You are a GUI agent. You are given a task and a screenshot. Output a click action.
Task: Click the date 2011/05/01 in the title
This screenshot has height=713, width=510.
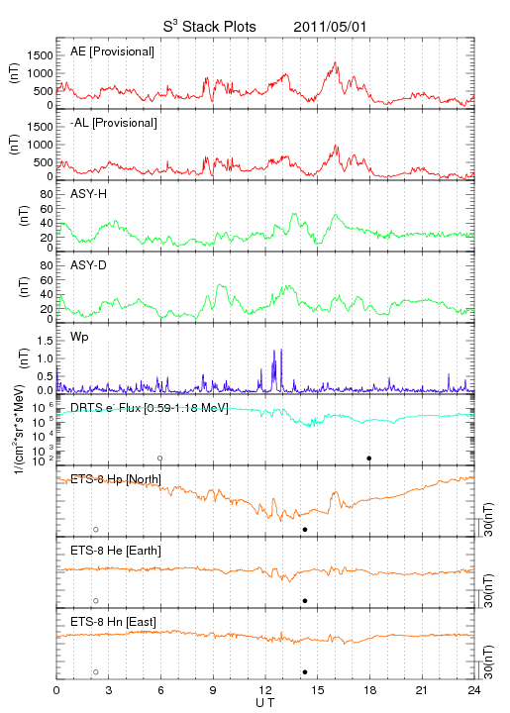click(x=330, y=27)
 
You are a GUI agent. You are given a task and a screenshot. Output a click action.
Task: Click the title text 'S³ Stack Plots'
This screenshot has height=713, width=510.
click(x=210, y=26)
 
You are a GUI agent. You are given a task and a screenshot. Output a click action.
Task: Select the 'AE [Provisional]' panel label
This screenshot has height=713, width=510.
click(x=112, y=51)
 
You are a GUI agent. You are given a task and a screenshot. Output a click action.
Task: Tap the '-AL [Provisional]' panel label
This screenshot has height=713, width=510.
click(x=114, y=123)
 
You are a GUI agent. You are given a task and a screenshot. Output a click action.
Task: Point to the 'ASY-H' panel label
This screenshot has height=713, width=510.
click(x=89, y=194)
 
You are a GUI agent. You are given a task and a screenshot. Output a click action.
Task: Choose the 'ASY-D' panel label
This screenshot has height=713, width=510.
click(x=89, y=265)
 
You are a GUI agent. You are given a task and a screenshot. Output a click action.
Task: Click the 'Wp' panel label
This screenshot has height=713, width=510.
click(x=79, y=337)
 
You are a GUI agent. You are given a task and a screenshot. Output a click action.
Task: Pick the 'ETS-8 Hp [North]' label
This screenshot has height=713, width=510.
click(x=116, y=479)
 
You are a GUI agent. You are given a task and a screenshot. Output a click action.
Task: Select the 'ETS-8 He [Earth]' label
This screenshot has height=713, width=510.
click(x=116, y=551)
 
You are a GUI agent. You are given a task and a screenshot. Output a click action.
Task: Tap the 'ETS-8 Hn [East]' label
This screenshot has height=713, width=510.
click(x=113, y=622)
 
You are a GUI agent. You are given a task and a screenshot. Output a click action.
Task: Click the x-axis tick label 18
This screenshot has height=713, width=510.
click(x=370, y=690)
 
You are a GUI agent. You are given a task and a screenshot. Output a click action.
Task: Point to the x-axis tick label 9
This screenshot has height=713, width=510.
click(x=213, y=690)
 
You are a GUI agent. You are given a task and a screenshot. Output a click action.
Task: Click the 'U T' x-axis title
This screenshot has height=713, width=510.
click(x=265, y=703)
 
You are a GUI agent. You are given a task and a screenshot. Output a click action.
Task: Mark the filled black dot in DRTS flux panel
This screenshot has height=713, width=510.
click(x=369, y=458)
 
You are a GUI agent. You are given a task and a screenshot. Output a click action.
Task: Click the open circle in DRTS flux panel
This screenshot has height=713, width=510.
click(x=160, y=458)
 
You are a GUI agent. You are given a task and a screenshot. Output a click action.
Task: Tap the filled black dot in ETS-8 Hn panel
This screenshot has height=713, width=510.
click(x=305, y=672)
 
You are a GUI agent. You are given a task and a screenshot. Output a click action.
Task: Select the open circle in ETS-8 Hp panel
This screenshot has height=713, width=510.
click(x=96, y=530)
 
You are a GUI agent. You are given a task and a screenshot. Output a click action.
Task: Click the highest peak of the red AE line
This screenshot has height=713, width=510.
click(x=336, y=61)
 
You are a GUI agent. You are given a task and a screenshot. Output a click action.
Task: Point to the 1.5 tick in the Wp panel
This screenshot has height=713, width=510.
click(x=45, y=341)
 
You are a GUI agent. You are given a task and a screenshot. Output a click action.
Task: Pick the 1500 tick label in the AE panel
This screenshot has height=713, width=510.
click(x=40, y=55)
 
